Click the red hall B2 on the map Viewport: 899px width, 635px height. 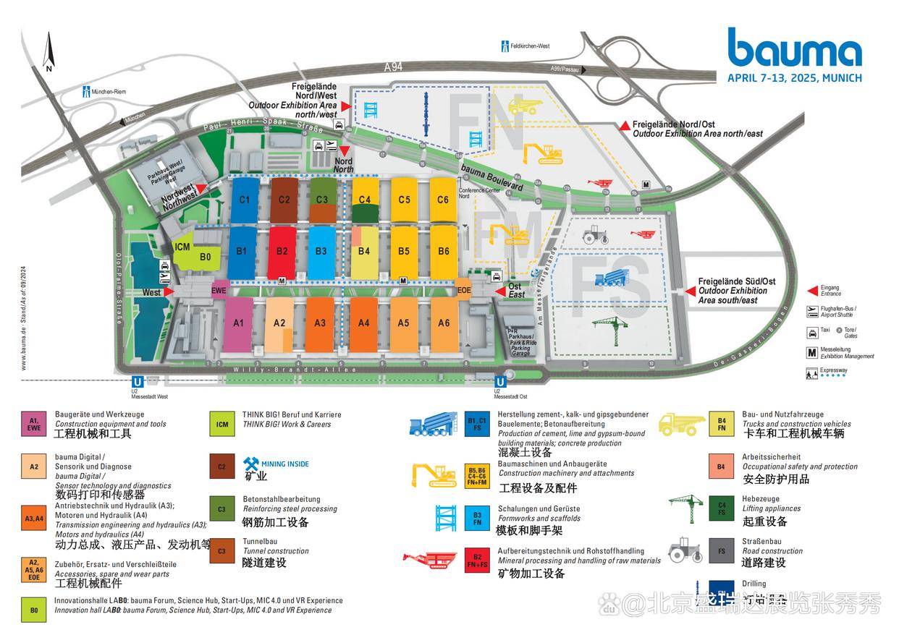[x=282, y=251]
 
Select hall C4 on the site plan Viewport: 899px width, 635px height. [x=364, y=200]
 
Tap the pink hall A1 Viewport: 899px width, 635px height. [x=238, y=323]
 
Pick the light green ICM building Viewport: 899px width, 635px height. [x=182, y=247]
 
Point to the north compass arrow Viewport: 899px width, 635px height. [x=49, y=52]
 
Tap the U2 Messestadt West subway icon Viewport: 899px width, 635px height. [x=136, y=383]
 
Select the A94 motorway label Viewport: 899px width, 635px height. [x=393, y=67]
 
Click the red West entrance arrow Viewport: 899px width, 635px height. [x=169, y=292]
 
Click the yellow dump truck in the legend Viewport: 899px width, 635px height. [x=681, y=424]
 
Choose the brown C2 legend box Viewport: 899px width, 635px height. [x=221, y=466]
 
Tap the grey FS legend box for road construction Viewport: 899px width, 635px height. [x=722, y=550]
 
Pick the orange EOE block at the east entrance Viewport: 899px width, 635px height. [x=464, y=291]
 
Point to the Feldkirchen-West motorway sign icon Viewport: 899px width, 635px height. [x=505, y=46]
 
